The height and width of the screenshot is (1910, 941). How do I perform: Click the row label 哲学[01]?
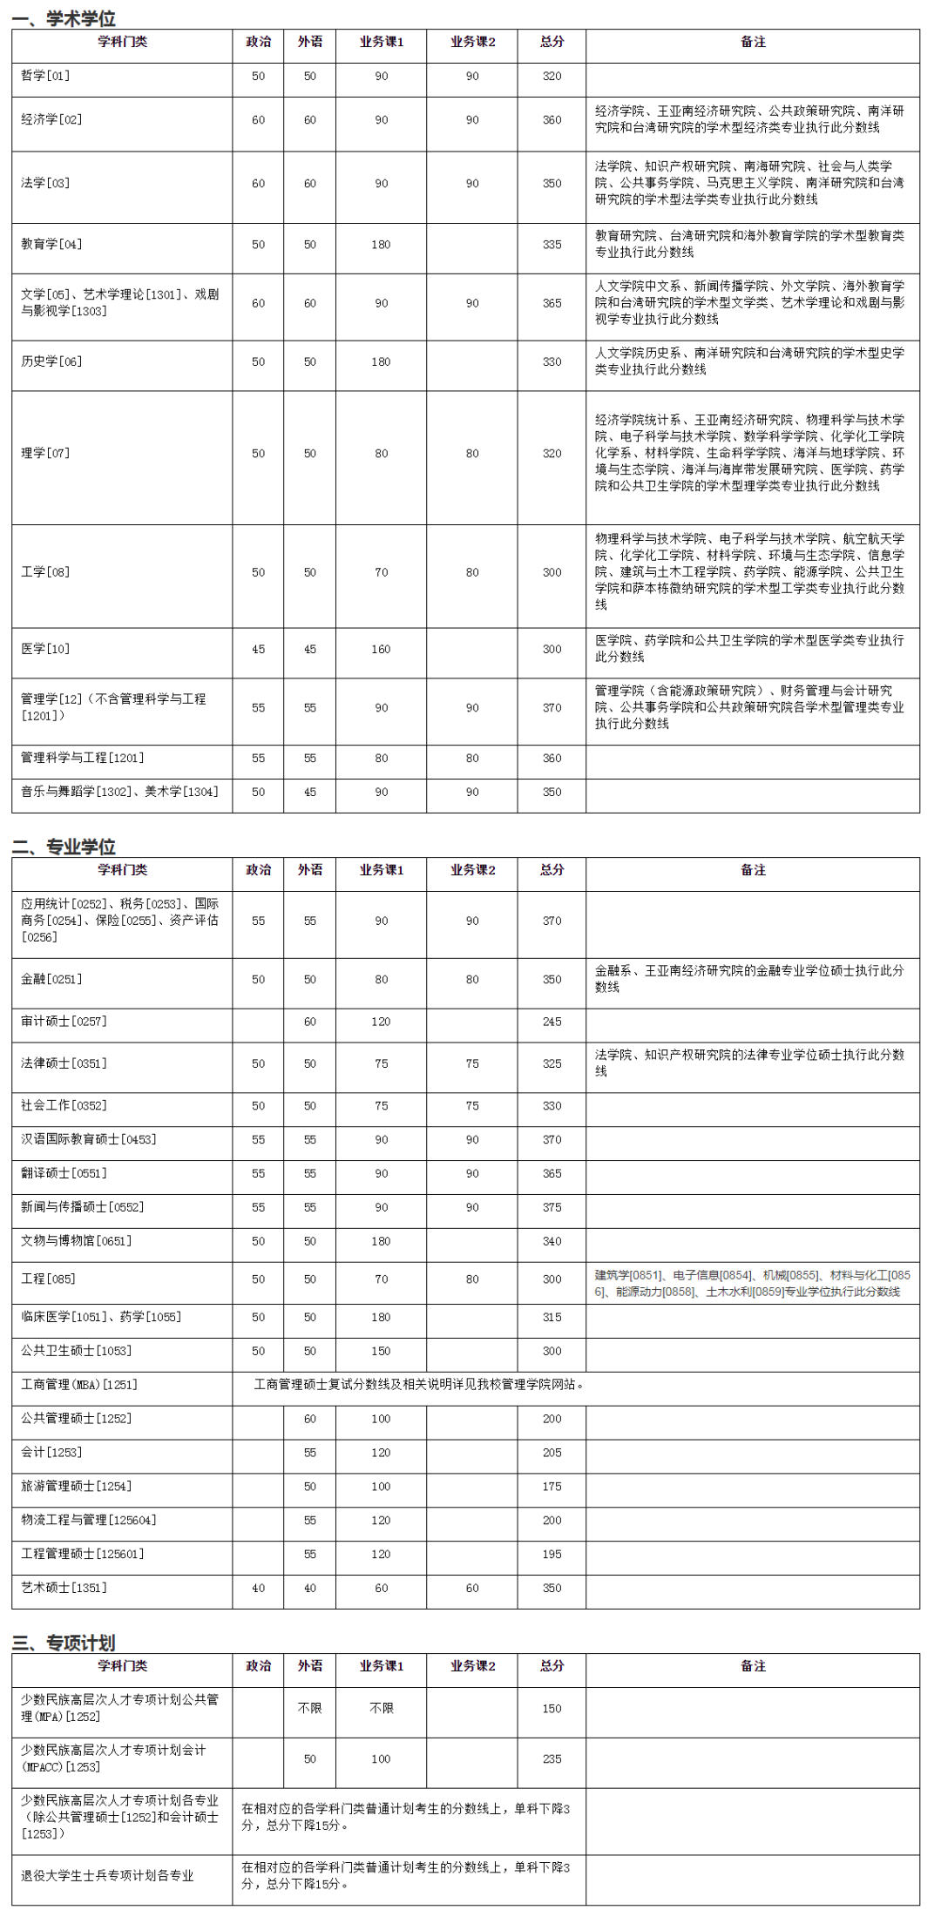point(45,77)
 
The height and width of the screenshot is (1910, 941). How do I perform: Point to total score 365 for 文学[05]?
point(552,303)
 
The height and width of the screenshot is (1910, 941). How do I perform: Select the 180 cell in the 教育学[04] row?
point(381,245)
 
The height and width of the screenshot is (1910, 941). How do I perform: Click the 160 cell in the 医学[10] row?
point(381,649)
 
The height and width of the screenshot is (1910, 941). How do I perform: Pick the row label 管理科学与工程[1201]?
point(83,759)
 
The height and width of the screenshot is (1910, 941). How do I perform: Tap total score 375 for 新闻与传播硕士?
point(552,1207)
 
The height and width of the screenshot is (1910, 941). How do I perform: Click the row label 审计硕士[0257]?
point(64,1022)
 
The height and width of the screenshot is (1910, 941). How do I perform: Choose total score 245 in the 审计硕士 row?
point(552,1022)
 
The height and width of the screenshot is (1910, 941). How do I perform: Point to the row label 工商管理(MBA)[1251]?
point(79,1385)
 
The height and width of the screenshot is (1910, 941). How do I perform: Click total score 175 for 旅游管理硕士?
point(552,1487)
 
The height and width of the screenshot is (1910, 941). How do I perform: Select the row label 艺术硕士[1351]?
point(64,1588)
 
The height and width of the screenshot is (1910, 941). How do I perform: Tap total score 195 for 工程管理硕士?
point(552,1554)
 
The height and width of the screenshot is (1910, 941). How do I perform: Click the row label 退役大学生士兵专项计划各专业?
point(107,1875)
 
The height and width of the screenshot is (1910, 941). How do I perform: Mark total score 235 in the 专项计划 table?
point(552,1758)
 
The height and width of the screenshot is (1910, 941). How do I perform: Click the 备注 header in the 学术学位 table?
point(753,42)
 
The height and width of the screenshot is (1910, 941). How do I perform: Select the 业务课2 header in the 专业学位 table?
point(472,870)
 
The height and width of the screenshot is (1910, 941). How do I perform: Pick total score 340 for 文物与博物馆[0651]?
point(552,1241)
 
